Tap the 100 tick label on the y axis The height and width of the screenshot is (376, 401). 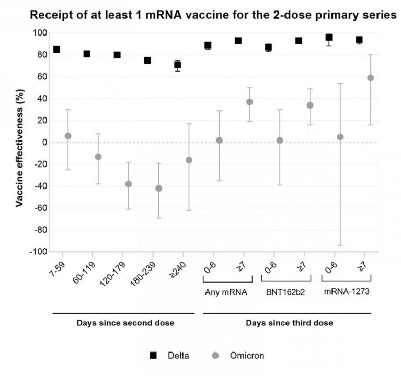pos(40,33)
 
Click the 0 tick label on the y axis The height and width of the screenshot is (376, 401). pos(44,142)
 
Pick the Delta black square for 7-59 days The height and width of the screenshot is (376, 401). pos(56,50)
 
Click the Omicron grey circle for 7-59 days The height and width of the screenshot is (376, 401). pos(67,136)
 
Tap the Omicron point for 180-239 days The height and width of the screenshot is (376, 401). pos(159,188)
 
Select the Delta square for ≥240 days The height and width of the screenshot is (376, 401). pos(178,65)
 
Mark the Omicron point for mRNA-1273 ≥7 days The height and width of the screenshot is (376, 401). pos(370,78)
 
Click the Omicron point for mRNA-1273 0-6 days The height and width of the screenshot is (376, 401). pos(340,137)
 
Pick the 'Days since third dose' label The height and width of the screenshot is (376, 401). pos(289,323)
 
